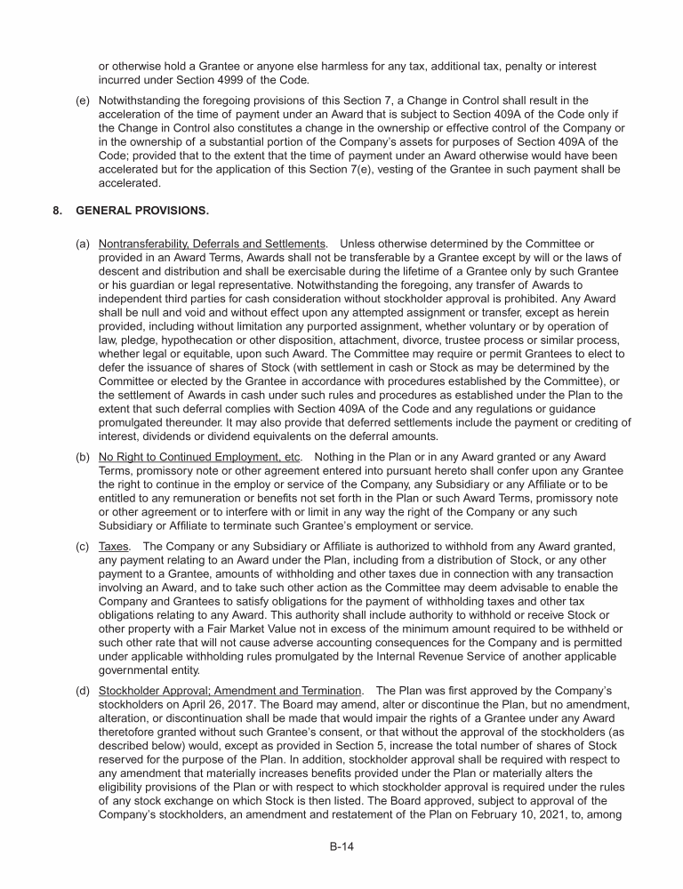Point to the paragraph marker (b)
83,456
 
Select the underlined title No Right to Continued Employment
201,456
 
